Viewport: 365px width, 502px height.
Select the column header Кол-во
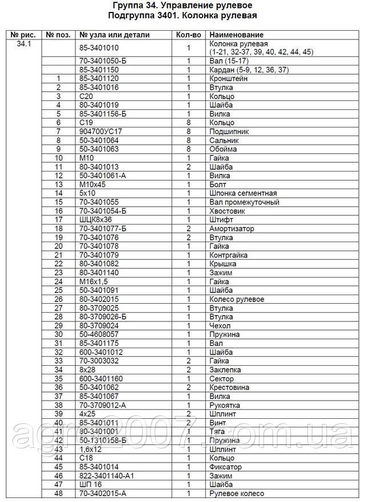tap(188, 35)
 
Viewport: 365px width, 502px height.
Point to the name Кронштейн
tap(229, 78)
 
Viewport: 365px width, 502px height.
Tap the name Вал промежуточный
tap(245, 202)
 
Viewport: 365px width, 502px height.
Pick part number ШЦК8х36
tap(95, 219)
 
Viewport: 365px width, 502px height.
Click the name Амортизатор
tap(233, 228)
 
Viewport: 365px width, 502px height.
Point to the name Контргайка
tap(229, 255)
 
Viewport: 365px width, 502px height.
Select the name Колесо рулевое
tap(237, 299)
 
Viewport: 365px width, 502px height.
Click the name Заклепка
tap(226, 370)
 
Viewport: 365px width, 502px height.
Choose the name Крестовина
tap(230, 387)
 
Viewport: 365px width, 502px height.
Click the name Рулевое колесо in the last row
tap(237, 493)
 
